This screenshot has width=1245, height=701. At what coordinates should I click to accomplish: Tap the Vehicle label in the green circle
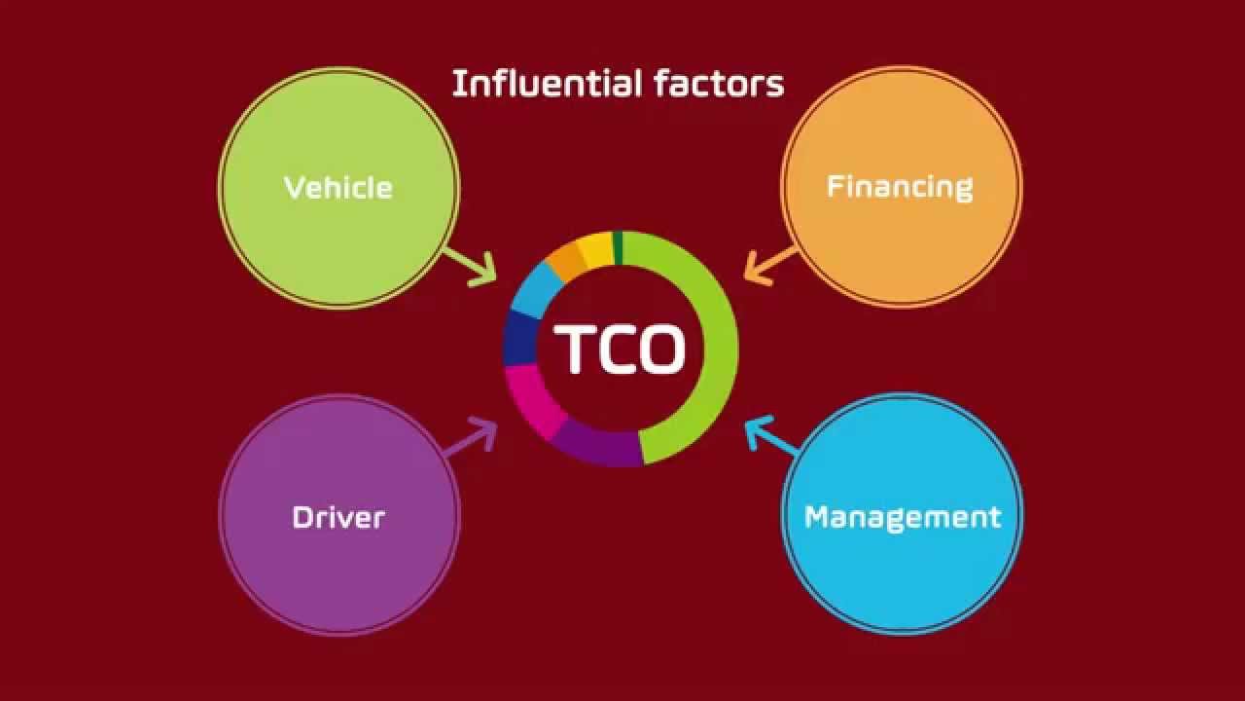point(338,187)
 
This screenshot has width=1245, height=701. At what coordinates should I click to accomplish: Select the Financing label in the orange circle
point(900,187)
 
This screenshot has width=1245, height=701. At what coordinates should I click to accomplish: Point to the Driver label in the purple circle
point(338,517)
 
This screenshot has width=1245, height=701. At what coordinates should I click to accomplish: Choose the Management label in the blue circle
point(903,517)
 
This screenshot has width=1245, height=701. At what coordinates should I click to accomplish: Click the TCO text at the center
point(621,349)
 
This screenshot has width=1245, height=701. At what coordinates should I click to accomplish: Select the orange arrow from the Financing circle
point(769,265)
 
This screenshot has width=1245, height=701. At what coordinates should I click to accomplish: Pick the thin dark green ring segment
point(618,247)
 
